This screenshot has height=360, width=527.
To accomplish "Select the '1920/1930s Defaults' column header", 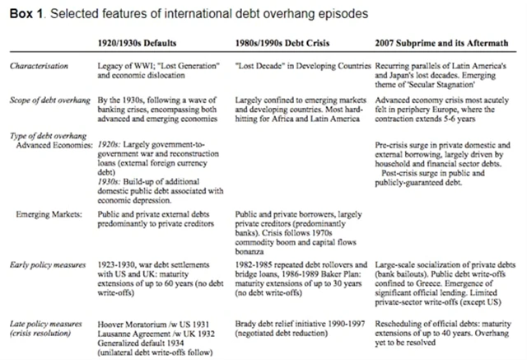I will (x=145, y=42).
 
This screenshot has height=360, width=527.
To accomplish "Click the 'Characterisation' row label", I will (x=39, y=63).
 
